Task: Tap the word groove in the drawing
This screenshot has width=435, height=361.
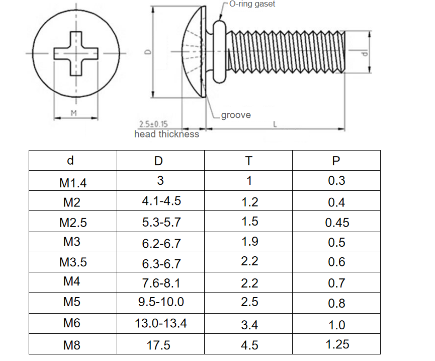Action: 236,115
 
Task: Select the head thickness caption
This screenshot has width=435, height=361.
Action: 166,134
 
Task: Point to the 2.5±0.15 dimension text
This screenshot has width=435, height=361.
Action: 153,124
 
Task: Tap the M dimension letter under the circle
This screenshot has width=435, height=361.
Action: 73,113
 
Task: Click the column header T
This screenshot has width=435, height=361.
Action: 249,161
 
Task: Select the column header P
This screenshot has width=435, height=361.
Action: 336,161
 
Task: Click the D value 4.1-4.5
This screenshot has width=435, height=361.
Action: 161,201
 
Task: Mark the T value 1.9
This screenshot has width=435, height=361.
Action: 249,242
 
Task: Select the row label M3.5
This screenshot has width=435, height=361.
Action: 73,262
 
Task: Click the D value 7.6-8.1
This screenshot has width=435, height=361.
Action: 161,283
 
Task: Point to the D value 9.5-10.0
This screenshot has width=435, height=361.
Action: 161,302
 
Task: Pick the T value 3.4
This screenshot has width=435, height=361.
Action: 249,325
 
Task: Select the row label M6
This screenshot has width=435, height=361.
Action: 72,323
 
